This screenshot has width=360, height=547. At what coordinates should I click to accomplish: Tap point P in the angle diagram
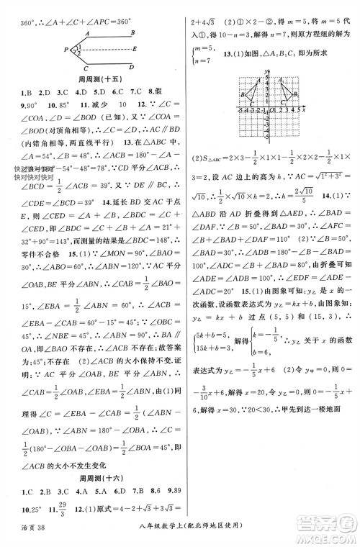click(65, 50)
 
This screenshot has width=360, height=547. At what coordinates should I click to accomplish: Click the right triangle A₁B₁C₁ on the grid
click(284, 91)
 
